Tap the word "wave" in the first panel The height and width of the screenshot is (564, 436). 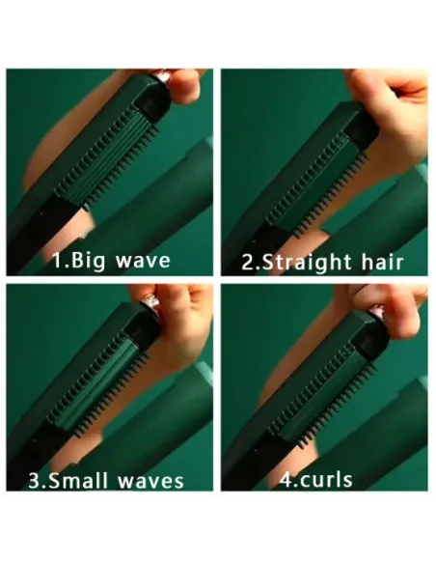[x=143, y=261]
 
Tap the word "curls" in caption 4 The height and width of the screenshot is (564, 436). [x=326, y=480]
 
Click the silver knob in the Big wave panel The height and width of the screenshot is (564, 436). [x=163, y=76]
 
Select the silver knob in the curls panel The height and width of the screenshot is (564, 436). [x=377, y=311]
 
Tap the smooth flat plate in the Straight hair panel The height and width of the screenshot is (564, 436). [x=316, y=184]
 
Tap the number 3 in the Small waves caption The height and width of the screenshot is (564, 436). [x=35, y=481]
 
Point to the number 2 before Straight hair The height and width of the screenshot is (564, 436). [x=248, y=263]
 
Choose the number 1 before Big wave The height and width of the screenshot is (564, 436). [x=58, y=261]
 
